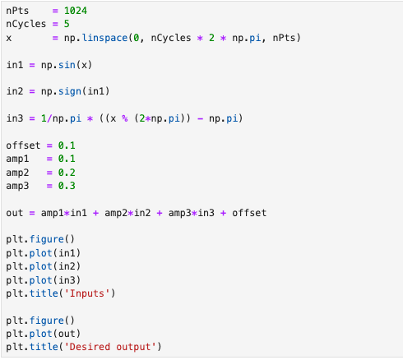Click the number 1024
point(76,11)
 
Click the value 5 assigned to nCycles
point(67,24)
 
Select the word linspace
point(104,38)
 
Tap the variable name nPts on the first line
point(17,11)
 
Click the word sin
point(67,65)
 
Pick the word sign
point(70,91)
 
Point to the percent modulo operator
point(125,118)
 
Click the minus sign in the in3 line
point(200,118)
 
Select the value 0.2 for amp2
point(67,173)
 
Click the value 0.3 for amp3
point(67,186)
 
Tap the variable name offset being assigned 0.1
point(23,145)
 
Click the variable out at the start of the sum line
point(15,213)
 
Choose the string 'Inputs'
point(87,293)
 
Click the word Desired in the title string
point(90,347)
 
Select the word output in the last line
point(133,347)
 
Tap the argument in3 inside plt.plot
point(67,279)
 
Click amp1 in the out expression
point(52,213)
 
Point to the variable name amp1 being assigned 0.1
point(17,159)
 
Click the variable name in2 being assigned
point(15,91)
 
